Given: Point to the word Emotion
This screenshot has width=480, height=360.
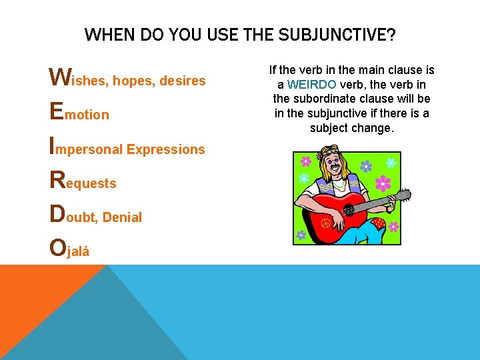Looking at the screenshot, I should pos(80,113).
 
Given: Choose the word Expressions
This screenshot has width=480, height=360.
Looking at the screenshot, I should pos(165,149).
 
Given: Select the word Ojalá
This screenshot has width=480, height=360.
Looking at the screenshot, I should pos(70,249).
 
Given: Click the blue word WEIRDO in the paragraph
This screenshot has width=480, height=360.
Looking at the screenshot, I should pos(311,85).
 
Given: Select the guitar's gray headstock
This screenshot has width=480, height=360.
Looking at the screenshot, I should pos(402,195).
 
